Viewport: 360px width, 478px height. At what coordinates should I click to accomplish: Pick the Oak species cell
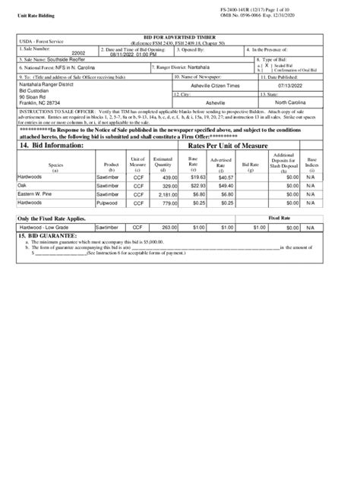pos(24,184)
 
